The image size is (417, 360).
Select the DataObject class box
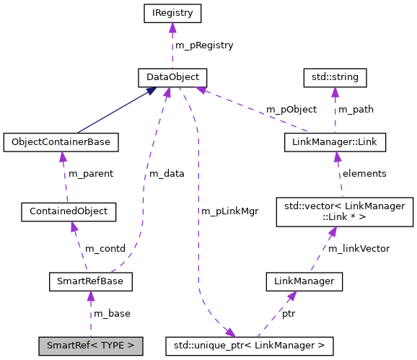point(172,76)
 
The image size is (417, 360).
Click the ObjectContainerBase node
point(61,142)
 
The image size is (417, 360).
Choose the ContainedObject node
point(69,211)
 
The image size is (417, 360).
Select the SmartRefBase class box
point(89,281)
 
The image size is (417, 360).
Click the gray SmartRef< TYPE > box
point(90,346)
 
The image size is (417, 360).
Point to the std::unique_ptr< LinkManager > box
point(249,346)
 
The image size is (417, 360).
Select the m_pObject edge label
point(291,110)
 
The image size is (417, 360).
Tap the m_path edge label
point(356,110)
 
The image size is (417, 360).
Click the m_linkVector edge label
point(359,248)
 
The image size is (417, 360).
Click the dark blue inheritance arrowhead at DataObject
point(151,91)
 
